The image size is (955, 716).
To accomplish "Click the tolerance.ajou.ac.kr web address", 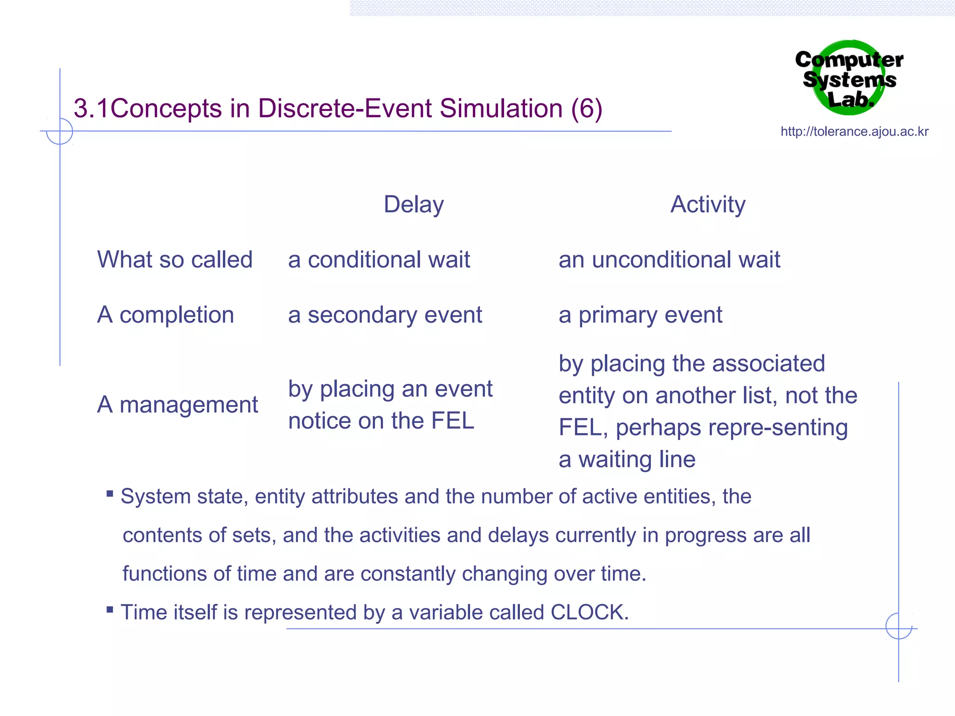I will (854, 131).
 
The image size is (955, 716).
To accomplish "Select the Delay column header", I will (414, 205).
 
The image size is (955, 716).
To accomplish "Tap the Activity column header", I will (708, 205).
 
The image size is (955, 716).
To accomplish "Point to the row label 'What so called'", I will (175, 260).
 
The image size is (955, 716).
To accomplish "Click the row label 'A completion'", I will (166, 315).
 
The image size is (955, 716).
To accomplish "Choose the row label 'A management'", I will (177, 405).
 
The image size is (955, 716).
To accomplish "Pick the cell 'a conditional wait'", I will (379, 260).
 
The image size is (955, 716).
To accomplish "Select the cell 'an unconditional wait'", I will (669, 260).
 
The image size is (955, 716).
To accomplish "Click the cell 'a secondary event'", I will (385, 315).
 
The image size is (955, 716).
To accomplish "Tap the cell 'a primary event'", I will (640, 315).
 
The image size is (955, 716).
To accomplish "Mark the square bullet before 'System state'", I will (110, 494).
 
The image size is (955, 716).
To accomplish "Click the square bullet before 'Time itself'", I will (110, 609).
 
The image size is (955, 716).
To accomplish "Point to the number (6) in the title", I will (587, 109).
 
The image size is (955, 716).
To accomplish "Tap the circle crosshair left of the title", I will (60, 131).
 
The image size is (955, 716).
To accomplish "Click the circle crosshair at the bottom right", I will (899, 626).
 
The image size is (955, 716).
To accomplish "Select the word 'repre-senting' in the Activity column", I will (732, 428).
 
